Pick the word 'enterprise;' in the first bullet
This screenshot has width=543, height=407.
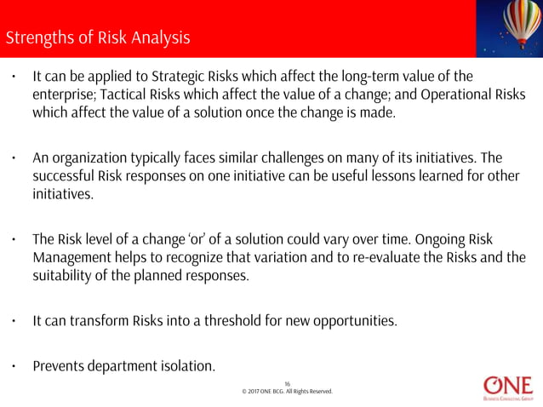pyautogui.click(x=66, y=95)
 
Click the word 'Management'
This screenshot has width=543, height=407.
pyautogui.click(x=73, y=258)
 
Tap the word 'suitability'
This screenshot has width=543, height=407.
pyautogui.click(x=65, y=276)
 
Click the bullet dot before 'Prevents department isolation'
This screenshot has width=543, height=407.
pyautogui.click(x=14, y=367)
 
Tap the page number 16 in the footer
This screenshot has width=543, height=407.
pyautogui.click(x=287, y=383)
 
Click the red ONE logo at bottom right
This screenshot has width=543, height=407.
pyautogui.click(x=507, y=386)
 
